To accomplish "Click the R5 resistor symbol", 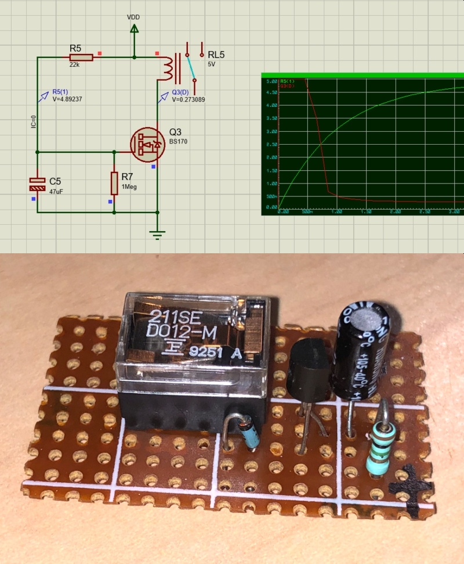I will coord(81,58).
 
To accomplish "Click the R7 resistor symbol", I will coord(114,184).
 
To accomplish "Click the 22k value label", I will coord(74,64).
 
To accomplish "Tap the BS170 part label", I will coord(179,142).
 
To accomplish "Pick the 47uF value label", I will coord(56,191).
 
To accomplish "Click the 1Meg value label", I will coord(129,186).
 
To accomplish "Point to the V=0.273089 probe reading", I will coord(188,99).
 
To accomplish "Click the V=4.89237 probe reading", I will coord(68,99).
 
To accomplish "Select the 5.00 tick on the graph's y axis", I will coord(271,81).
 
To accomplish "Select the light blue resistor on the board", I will coord(378,448).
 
